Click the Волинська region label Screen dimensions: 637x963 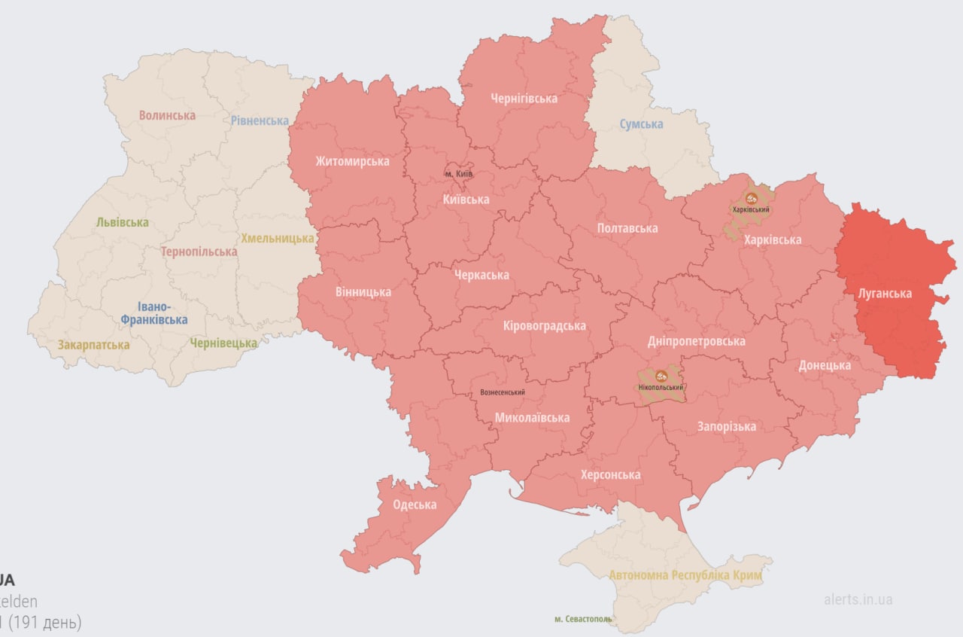[167, 115]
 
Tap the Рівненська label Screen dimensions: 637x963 [260, 120]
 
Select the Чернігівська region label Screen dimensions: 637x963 [524, 99]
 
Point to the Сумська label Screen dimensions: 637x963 [641, 123]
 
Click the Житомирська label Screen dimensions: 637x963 [352, 161]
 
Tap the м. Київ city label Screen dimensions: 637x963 [458, 174]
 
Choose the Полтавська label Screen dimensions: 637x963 [627, 227]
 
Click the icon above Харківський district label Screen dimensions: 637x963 [751, 199]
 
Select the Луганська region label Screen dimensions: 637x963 [886, 293]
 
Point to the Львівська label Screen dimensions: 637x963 [122, 222]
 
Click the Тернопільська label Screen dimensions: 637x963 [199, 251]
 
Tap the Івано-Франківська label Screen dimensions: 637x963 [153, 313]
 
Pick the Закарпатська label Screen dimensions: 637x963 [93, 345]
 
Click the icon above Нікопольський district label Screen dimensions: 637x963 [661, 376]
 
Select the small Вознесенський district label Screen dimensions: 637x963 [502, 392]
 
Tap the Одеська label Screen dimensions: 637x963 [415, 504]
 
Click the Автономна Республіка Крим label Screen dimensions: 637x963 [685, 575]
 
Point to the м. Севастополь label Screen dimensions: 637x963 [583, 619]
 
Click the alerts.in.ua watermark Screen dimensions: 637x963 [858, 599]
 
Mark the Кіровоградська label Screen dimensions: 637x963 [544, 326]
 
